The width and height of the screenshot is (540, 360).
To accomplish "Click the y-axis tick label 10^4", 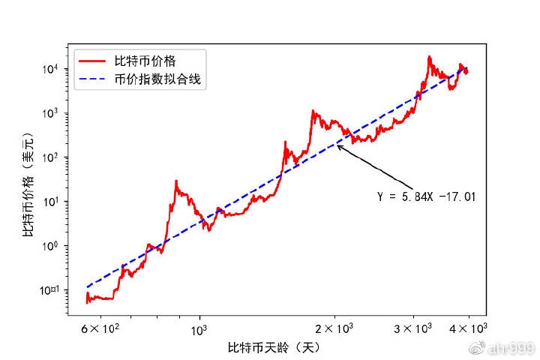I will [62, 69].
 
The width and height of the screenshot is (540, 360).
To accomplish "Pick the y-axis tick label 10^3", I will [62, 113].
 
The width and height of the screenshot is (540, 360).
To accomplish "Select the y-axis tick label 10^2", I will [62, 157].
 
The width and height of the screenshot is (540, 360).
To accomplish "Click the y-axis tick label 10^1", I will [62, 202].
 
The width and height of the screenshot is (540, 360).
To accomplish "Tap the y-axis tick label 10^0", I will [62, 246].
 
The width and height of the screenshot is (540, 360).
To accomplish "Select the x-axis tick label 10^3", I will [199, 328].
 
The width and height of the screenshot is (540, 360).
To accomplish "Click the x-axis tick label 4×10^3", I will [469, 328].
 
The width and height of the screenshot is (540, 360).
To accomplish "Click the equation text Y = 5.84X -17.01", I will [427, 196].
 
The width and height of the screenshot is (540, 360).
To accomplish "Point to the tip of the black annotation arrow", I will [337, 145].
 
